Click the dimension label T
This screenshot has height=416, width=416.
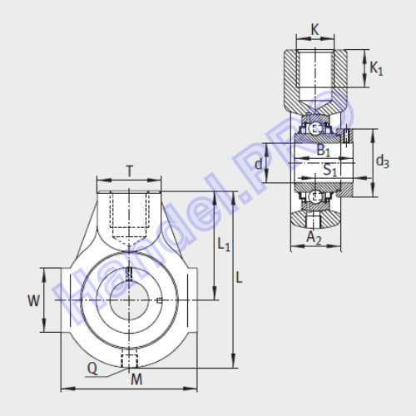pos(130,171)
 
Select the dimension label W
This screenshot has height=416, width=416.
pos(33,300)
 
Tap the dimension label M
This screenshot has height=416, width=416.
pos(136,379)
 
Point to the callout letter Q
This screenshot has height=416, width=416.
pos(92,369)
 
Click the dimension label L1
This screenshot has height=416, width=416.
pos(224,245)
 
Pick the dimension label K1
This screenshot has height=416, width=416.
pos(376,68)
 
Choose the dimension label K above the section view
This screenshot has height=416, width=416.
pos(315,29)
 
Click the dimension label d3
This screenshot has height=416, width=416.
pos(383,161)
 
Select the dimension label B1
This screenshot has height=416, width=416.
pos(324,151)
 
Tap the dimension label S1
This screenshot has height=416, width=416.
pos(330,170)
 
